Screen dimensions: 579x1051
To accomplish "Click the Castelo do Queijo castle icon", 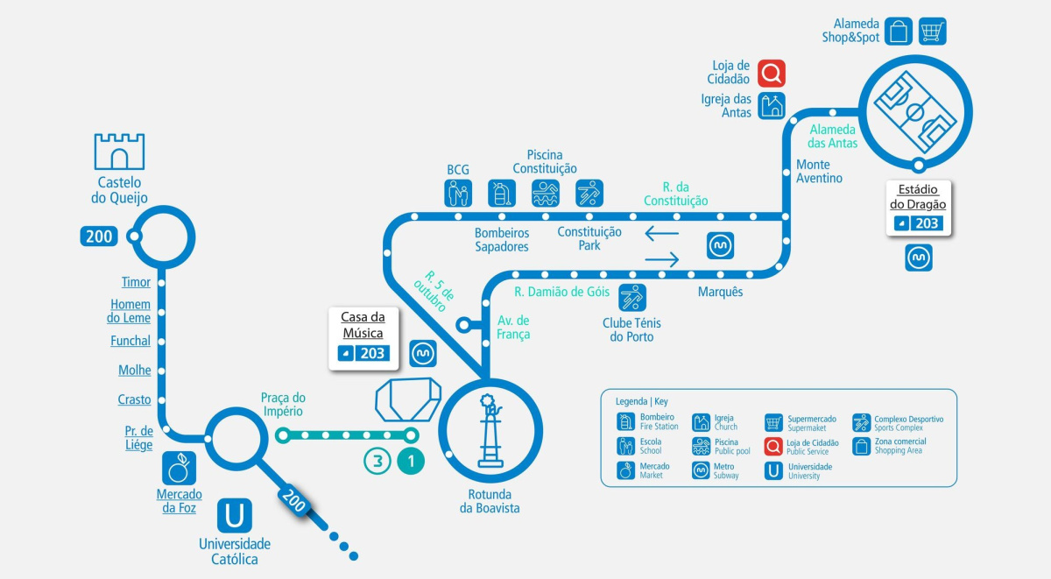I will tap(119, 152).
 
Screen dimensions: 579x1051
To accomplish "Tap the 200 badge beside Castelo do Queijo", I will tap(99, 236).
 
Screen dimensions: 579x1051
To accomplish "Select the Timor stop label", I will tap(136, 282).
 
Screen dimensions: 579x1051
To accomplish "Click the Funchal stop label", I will tap(130, 341).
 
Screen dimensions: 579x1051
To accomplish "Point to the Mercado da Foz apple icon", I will tap(180, 469).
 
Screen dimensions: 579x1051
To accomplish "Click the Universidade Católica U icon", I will tap(234, 515).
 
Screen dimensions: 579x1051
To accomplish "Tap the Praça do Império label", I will tap(282, 404).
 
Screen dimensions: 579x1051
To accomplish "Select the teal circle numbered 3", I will tap(377, 462).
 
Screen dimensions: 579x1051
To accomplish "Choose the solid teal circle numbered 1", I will tap(411, 462).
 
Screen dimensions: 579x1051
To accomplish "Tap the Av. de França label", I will tap(513, 327).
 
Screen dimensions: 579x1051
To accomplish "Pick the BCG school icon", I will tap(457, 193).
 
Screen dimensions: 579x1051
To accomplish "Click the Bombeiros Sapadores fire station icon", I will tap(502, 193).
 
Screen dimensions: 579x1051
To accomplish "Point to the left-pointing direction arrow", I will tap(661, 233).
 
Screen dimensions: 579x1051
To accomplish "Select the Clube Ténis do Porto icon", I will tap(632, 298).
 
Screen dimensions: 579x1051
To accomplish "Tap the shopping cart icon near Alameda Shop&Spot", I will tap(932, 32).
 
